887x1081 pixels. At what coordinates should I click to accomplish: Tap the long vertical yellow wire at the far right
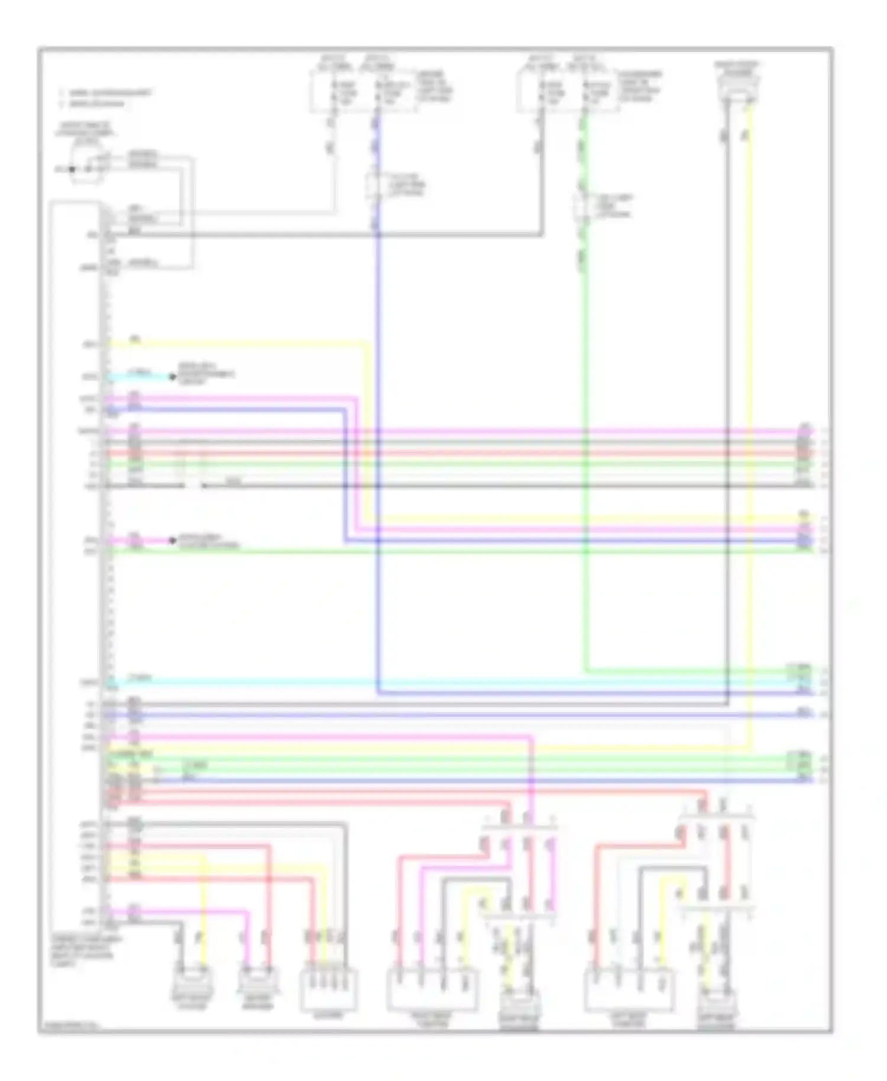point(750,414)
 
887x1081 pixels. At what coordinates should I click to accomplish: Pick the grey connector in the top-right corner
point(737,89)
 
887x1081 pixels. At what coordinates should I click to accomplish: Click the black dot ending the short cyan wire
point(173,377)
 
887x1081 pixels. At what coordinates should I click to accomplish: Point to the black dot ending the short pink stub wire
point(173,540)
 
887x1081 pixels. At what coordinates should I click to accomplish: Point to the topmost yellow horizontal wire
point(237,342)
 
